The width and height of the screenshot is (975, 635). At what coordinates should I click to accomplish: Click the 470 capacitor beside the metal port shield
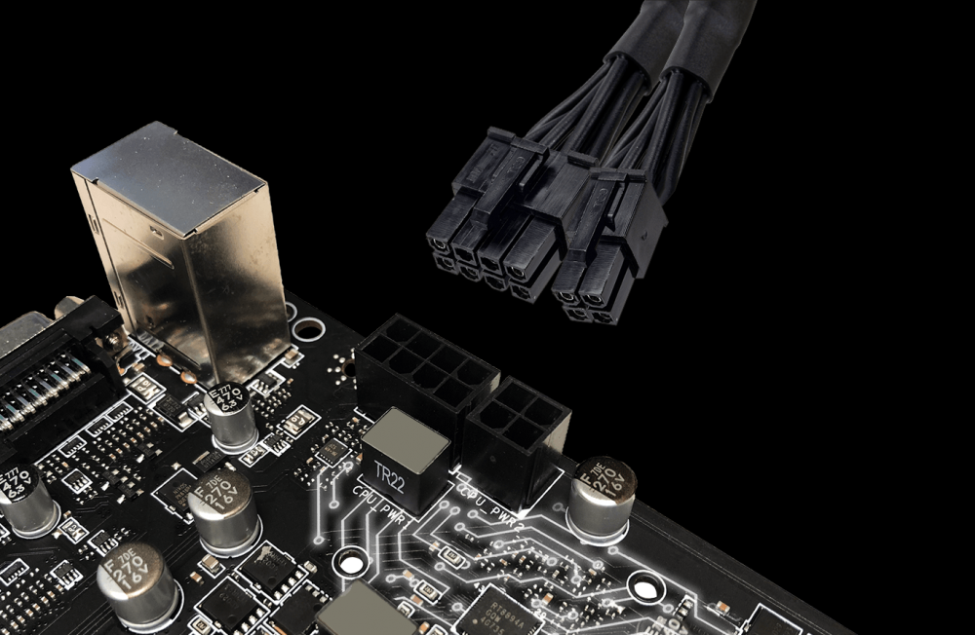(231, 413)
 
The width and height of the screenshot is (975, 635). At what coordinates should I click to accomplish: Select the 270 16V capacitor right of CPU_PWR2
(602, 497)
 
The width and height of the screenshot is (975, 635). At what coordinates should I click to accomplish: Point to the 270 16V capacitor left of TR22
(223, 510)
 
